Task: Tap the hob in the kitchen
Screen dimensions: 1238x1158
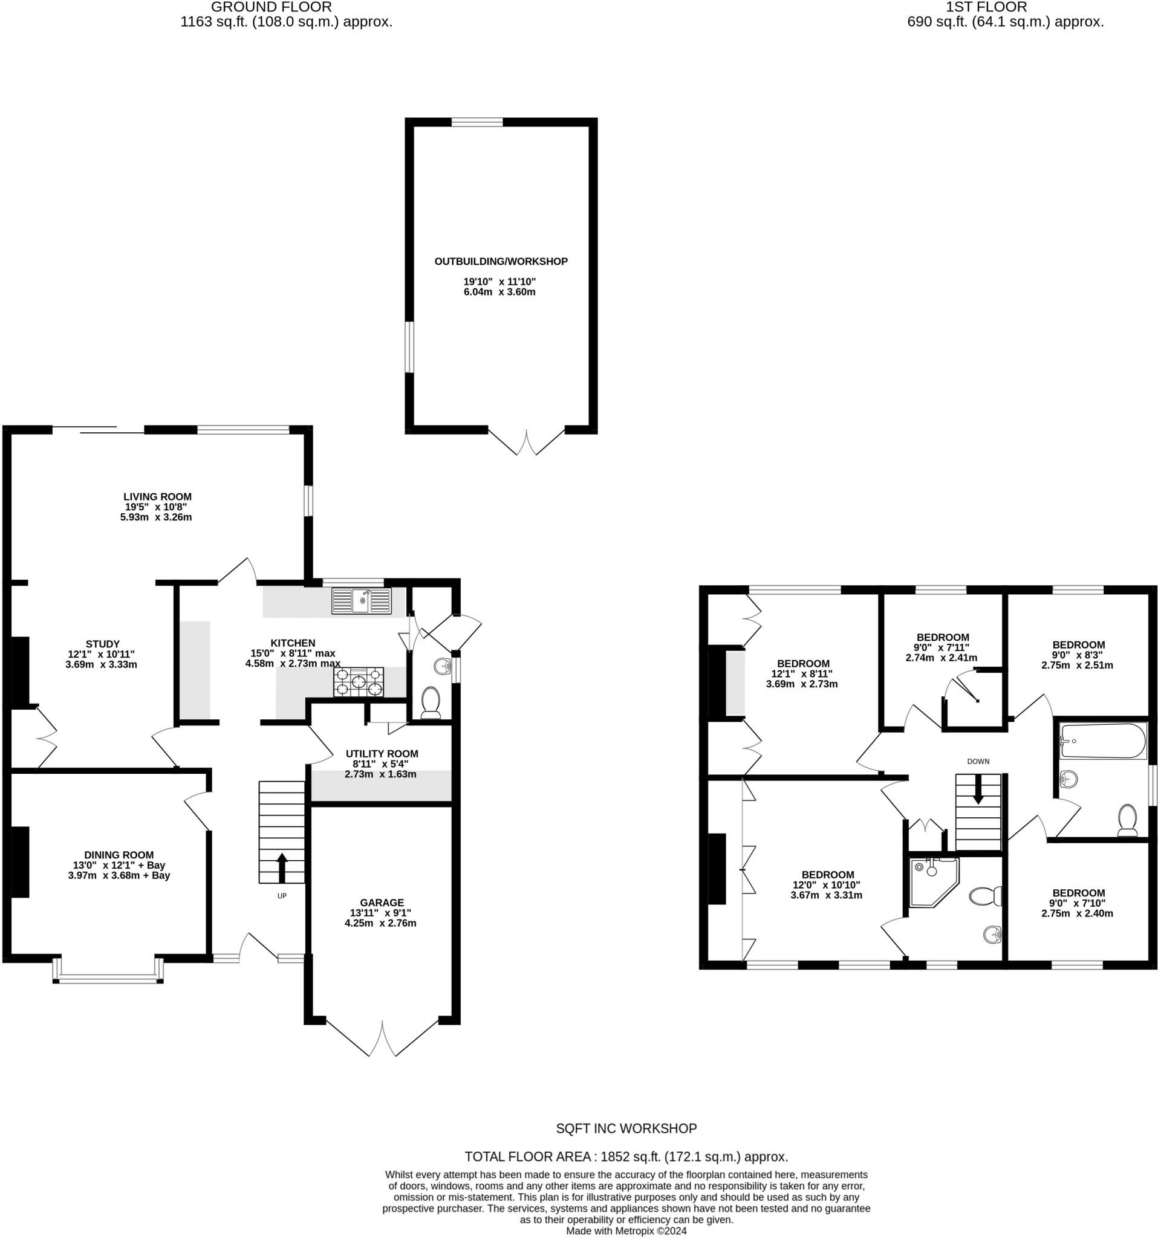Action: tap(358, 681)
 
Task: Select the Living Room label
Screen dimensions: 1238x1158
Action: tap(157, 496)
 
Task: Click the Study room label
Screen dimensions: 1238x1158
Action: tap(103, 644)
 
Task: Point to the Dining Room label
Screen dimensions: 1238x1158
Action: tap(119, 855)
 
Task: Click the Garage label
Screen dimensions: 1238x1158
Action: tap(382, 903)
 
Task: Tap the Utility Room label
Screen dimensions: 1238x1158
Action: tap(382, 754)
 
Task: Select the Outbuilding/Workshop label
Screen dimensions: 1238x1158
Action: tap(501, 262)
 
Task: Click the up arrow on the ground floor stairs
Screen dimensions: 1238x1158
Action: tap(282, 866)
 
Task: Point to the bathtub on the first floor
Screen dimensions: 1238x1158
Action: tap(1102, 741)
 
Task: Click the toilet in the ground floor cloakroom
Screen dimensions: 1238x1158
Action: tap(431, 702)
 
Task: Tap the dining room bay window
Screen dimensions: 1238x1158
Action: tap(108, 977)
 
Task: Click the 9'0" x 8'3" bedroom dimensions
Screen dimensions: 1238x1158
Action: tap(1078, 660)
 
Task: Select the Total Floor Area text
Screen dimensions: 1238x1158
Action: tap(626, 1157)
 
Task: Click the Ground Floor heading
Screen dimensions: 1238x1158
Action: tap(271, 7)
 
